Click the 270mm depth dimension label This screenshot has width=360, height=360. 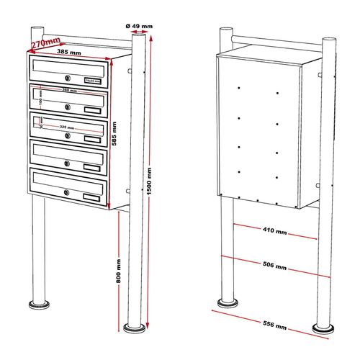(44, 43)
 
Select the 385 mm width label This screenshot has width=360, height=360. (80, 53)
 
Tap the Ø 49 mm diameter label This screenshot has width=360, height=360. (139, 27)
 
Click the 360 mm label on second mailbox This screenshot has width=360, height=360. (69, 91)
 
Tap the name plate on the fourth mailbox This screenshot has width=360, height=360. (91, 167)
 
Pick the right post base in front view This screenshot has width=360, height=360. (132, 328)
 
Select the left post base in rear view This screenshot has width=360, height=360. (228, 302)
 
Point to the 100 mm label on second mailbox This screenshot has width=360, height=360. (40, 95)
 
